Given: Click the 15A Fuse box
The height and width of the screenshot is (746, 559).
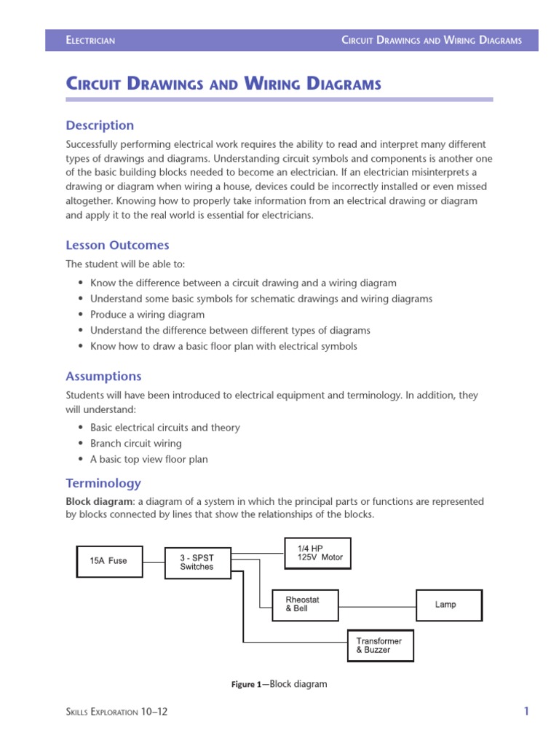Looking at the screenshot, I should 110,561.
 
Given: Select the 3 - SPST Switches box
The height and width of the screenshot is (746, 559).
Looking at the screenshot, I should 199,562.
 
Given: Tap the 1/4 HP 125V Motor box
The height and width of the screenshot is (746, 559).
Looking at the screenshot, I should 317,553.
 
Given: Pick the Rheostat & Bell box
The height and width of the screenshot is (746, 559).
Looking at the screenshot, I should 305,604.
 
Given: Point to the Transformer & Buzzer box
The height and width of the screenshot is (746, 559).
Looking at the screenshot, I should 381,645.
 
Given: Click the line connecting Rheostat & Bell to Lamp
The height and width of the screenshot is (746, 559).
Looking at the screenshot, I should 376,605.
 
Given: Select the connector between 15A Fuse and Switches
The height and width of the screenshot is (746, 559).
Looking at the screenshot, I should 154,562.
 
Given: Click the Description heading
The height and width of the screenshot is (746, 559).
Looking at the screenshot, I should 100,125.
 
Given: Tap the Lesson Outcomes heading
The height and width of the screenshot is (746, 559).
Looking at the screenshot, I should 117,246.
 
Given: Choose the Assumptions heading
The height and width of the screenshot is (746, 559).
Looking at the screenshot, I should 103,377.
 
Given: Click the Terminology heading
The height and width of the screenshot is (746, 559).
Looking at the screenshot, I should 103,483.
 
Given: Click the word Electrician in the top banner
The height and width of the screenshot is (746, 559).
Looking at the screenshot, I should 90,41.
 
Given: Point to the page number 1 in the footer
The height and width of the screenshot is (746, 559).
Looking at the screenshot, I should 526,712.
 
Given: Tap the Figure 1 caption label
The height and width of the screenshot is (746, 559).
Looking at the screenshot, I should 245,685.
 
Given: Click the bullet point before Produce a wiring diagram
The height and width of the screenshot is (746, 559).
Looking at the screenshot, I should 79,315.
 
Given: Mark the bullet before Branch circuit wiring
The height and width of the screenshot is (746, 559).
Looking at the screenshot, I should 79,444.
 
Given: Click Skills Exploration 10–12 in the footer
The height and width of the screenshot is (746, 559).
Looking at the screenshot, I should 116,712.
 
